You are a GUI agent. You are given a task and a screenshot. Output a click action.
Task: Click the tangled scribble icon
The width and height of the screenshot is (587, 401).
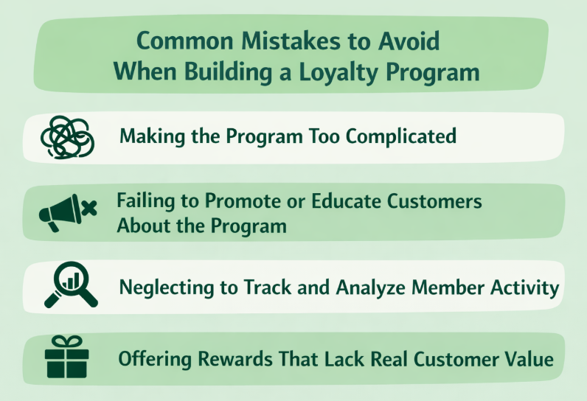pos(68,136)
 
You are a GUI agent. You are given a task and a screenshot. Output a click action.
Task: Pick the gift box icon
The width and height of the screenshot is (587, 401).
pos(66,357)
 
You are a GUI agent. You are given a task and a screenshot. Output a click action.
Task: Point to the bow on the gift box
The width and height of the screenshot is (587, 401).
pos(66,341)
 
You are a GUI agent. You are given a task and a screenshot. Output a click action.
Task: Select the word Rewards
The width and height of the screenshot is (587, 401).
pos(224,360)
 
